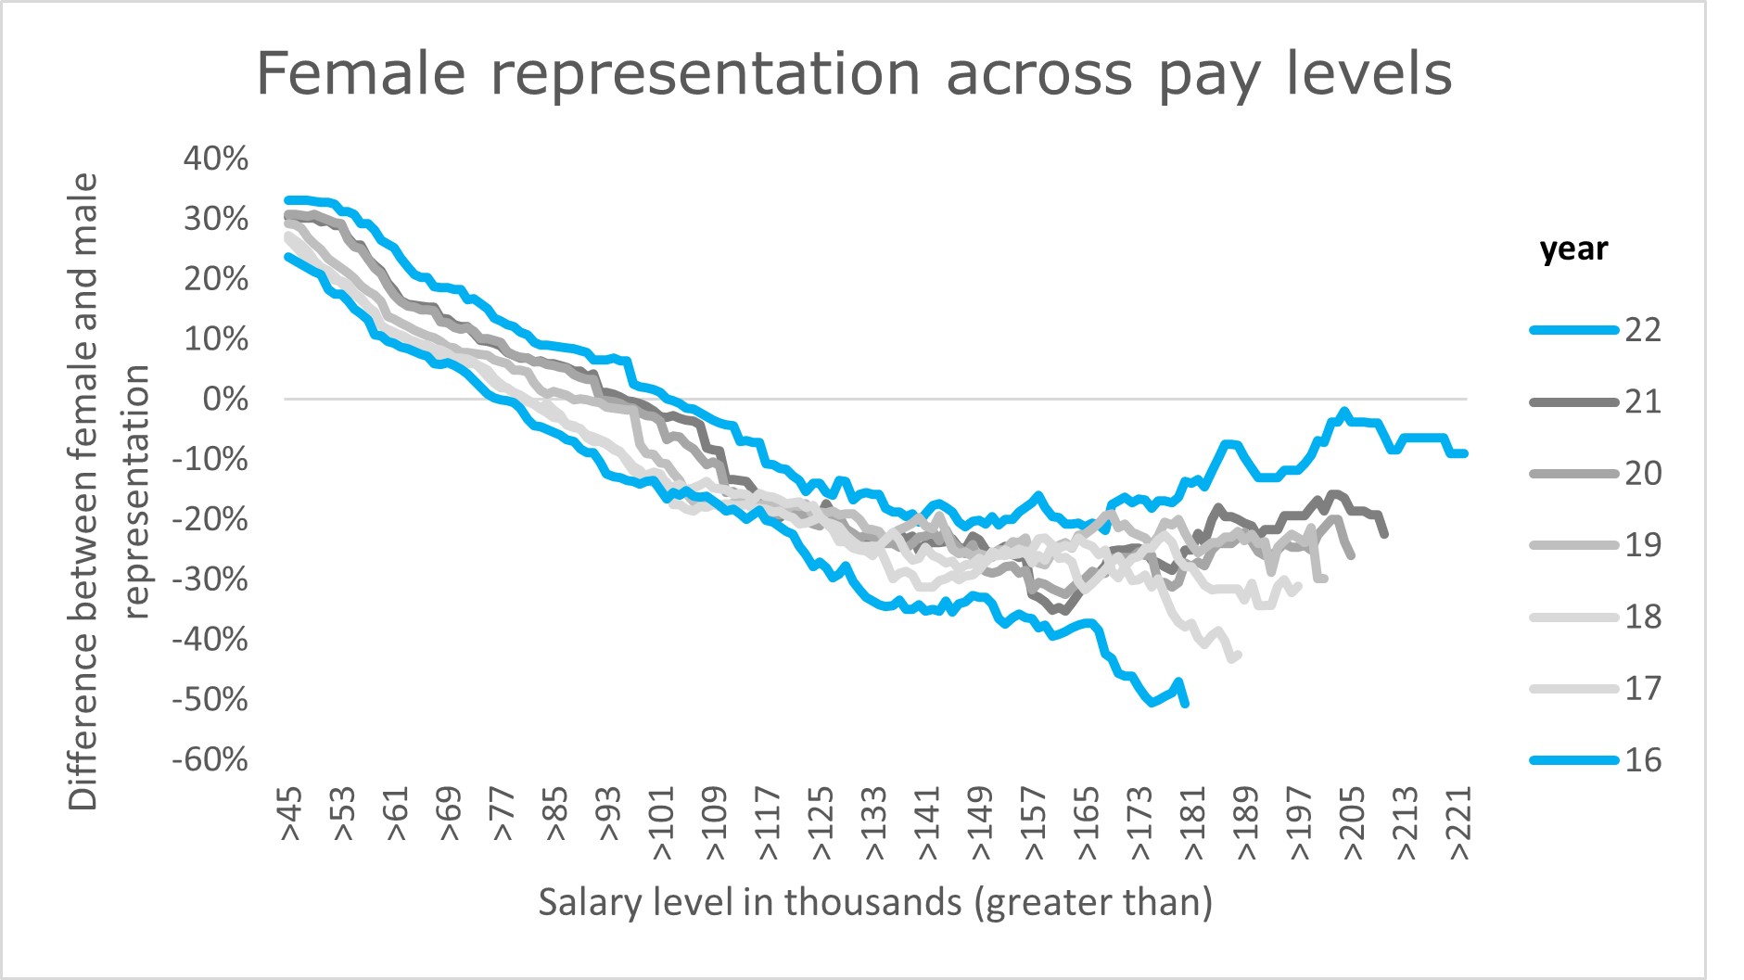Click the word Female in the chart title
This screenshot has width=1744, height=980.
click(x=360, y=74)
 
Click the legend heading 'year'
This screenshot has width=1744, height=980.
click(x=1573, y=249)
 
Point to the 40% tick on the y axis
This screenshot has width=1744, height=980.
click(x=216, y=159)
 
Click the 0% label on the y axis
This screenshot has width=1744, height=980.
click(x=225, y=400)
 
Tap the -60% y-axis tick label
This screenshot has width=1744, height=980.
click(x=210, y=760)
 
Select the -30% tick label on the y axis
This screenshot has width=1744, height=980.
click(x=210, y=579)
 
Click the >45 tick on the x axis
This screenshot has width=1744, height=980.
click(x=291, y=815)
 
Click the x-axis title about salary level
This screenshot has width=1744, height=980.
click(x=875, y=902)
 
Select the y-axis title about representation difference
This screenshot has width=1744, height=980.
click(x=109, y=491)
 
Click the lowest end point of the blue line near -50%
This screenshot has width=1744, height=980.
click(x=1186, y=705)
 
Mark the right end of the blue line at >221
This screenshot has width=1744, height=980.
click(x=1464, y=453)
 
